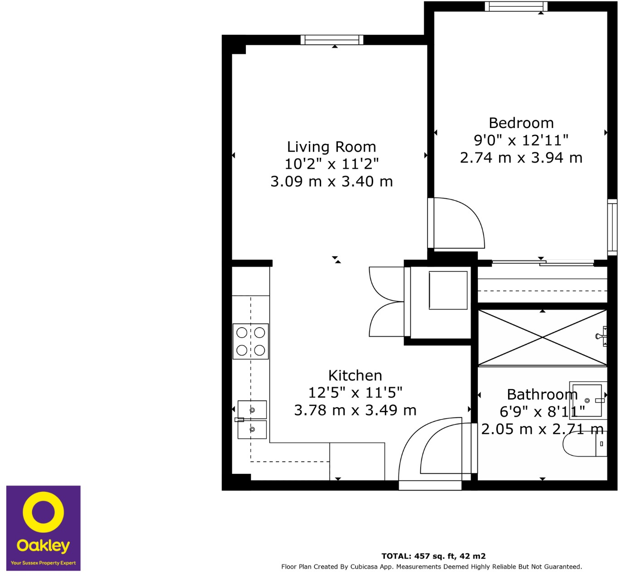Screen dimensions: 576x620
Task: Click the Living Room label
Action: (332, 147)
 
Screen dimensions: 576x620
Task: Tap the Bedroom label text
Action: (521, 123)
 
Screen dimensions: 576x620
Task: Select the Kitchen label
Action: (355, 376)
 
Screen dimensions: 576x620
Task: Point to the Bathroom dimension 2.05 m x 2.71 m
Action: (542, 429)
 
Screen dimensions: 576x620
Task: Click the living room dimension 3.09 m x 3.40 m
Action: (332, 181)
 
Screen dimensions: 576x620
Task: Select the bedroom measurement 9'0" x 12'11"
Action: (521, 140)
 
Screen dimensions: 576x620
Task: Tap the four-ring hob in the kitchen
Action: (250, 342)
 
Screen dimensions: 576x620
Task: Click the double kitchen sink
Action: (252, 419)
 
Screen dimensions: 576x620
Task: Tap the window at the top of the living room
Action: (332, 40)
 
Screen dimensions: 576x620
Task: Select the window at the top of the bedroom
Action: (516, 6)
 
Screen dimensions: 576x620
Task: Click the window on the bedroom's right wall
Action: (612, 227)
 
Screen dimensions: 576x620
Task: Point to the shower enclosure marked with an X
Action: (542, 338)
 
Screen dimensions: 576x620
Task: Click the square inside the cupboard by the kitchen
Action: (448, 290)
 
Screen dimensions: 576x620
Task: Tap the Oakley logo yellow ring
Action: (43, 512)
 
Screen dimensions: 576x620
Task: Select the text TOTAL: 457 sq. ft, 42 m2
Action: (433, 556)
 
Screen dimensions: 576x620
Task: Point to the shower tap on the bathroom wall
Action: (601, 336)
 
